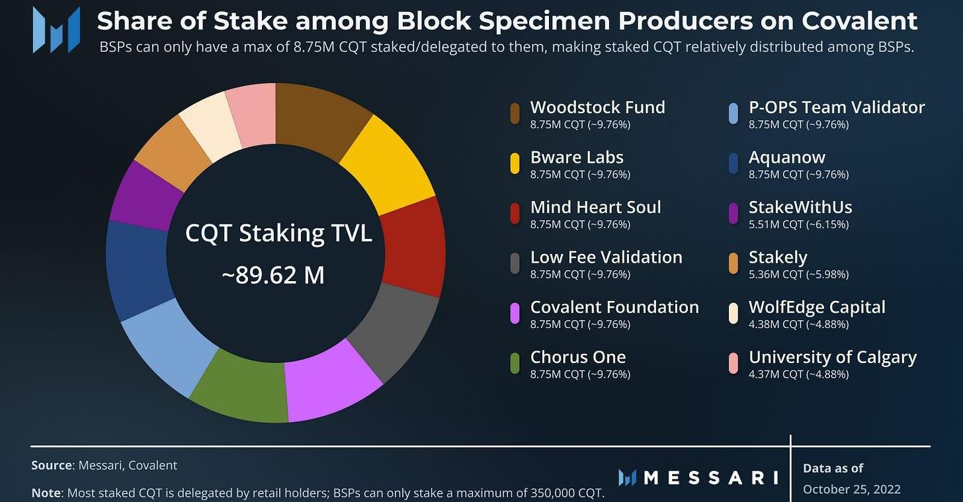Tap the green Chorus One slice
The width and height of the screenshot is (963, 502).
point(238,391)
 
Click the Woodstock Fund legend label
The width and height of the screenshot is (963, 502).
point(597,108)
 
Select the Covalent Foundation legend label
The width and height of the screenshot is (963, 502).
point(614,308)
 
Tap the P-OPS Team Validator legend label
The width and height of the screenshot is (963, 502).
point(837,108)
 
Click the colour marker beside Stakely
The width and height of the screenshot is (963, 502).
point(733,263)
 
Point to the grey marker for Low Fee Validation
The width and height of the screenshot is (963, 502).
point(515,263)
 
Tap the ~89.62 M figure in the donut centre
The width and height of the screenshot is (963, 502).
point(273,274)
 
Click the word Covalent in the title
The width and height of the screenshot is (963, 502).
point(859,22)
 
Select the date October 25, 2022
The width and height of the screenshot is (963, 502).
point(851,490)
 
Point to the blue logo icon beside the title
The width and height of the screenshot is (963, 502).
point(56,30)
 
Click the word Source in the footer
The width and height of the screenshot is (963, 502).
point(51,466)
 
